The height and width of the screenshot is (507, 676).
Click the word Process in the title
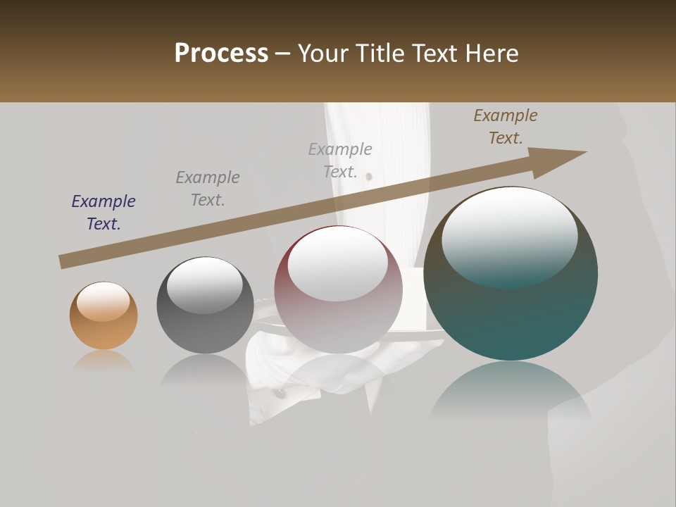point(221,54)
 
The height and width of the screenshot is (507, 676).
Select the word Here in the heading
point(492,54)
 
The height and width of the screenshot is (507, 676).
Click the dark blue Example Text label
point(104,212)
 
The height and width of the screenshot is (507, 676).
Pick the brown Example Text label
point(506,127)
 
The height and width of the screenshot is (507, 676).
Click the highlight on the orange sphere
point(103,301)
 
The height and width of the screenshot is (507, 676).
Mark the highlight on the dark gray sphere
point(204,285)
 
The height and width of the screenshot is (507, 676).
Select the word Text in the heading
point(436,54)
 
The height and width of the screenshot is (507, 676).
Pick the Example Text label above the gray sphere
point(208,188)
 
